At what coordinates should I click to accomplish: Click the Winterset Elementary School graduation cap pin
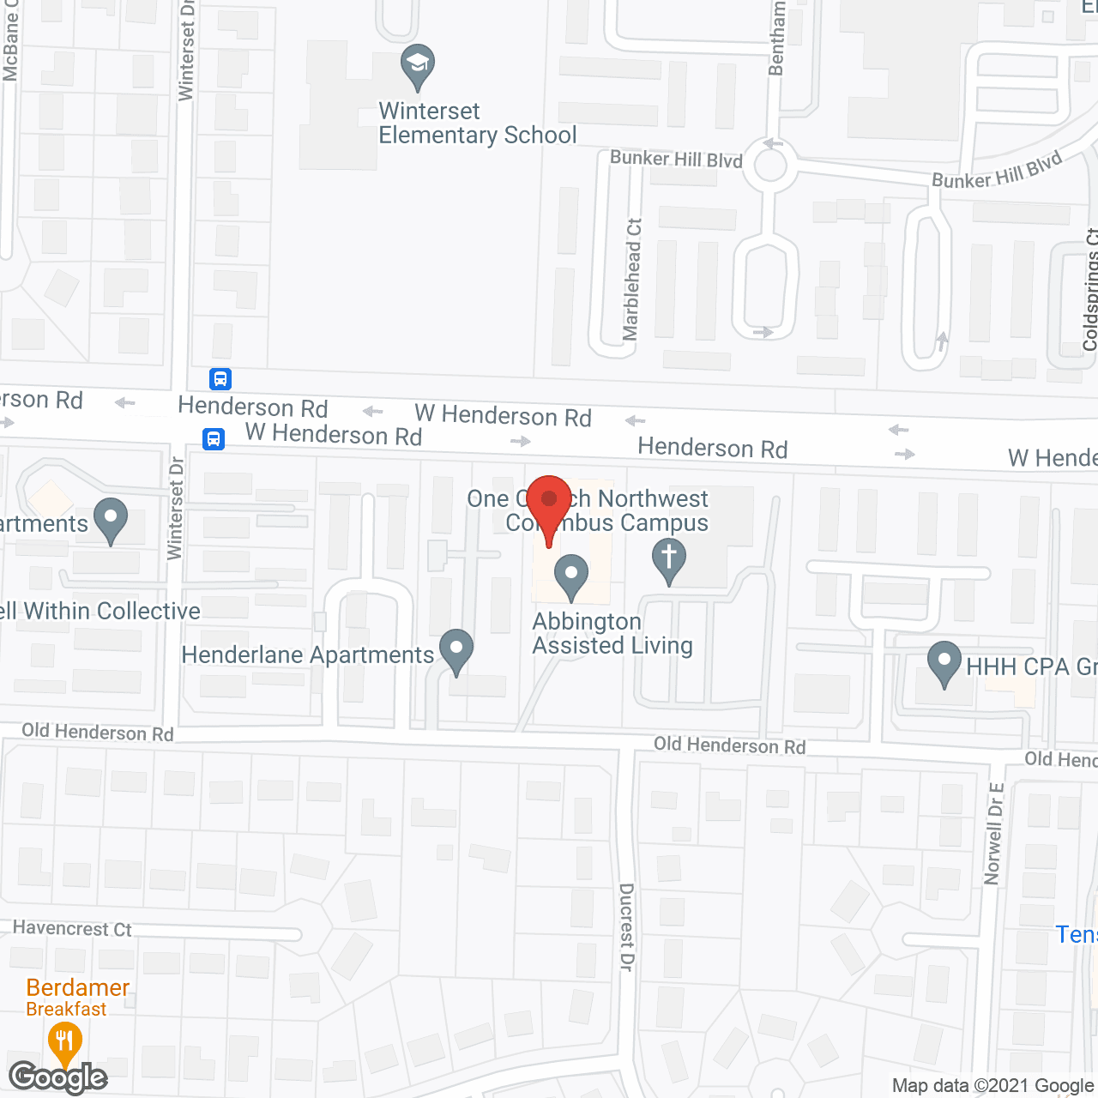pos(418,66)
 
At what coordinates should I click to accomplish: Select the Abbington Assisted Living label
pos(612,634)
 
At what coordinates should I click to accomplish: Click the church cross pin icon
pos(669,559)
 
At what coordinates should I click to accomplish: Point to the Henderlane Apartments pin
pos(456,651)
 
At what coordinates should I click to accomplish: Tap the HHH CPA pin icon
pos(944,663)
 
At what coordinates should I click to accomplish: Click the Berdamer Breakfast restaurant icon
pos(64,1043)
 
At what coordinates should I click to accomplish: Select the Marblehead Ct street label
pos(632,280)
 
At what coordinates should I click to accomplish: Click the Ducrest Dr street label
pos(626,927)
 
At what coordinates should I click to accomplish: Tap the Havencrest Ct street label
pos(72,929)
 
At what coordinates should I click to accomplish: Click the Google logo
pos(58,1077)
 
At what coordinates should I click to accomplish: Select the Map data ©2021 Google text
pos(992,1086)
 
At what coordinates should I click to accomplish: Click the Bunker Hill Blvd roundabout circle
pos(769,165)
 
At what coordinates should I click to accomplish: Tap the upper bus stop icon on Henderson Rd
pos(220,378)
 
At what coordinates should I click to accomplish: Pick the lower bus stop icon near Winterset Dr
pos(214,440)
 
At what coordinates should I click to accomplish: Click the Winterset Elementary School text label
pos(477,124)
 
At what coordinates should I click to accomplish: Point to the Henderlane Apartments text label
pos(308,655)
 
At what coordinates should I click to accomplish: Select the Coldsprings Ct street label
pos(1090,289)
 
